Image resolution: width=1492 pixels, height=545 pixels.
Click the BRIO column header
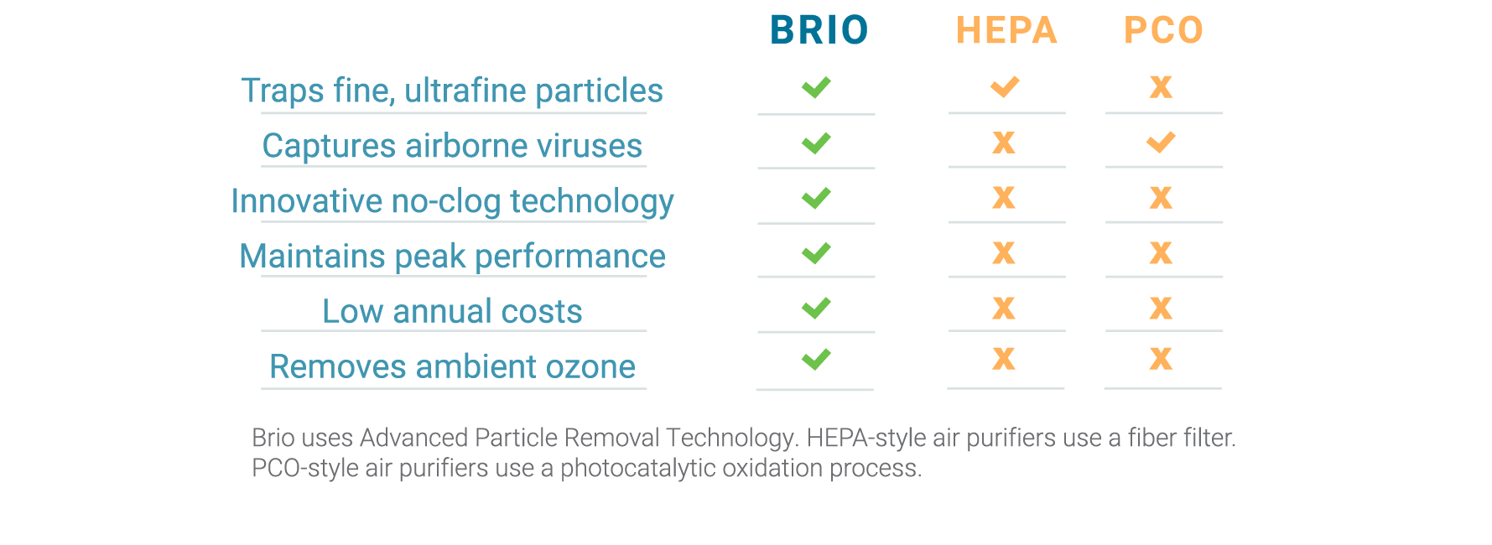click(819, 30)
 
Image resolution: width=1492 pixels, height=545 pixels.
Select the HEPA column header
click(1006, 30)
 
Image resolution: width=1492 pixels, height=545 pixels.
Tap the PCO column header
click(1163, 30)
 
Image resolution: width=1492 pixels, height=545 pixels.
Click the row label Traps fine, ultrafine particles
click(452, 91)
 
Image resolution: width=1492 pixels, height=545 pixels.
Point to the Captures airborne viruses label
click(452, 146)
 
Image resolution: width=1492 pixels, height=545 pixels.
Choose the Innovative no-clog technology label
click(452, 202)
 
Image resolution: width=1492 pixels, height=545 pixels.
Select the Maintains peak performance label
click(452, 257)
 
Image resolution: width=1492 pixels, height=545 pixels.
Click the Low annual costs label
click(452, 311)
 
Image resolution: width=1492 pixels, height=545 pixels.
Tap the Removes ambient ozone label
click(452, 366)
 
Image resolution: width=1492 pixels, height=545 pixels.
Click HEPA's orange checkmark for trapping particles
click(1005, 86)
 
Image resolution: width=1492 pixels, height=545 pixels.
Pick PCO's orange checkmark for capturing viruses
click(1161, 143)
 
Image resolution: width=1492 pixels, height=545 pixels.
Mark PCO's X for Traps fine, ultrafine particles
click(1161, 86)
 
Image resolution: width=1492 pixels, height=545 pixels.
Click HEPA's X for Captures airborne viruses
click(1004, 143)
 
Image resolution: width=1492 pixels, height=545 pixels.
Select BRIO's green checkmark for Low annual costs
click(816, 308)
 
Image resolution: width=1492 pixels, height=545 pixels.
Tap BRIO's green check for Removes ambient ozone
click(816, 359)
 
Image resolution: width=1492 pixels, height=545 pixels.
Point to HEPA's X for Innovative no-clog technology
click(1004, 198)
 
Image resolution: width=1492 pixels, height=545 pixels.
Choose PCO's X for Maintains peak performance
click(1161, 252)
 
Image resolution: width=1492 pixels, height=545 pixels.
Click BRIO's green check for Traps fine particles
click(816, 86)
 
